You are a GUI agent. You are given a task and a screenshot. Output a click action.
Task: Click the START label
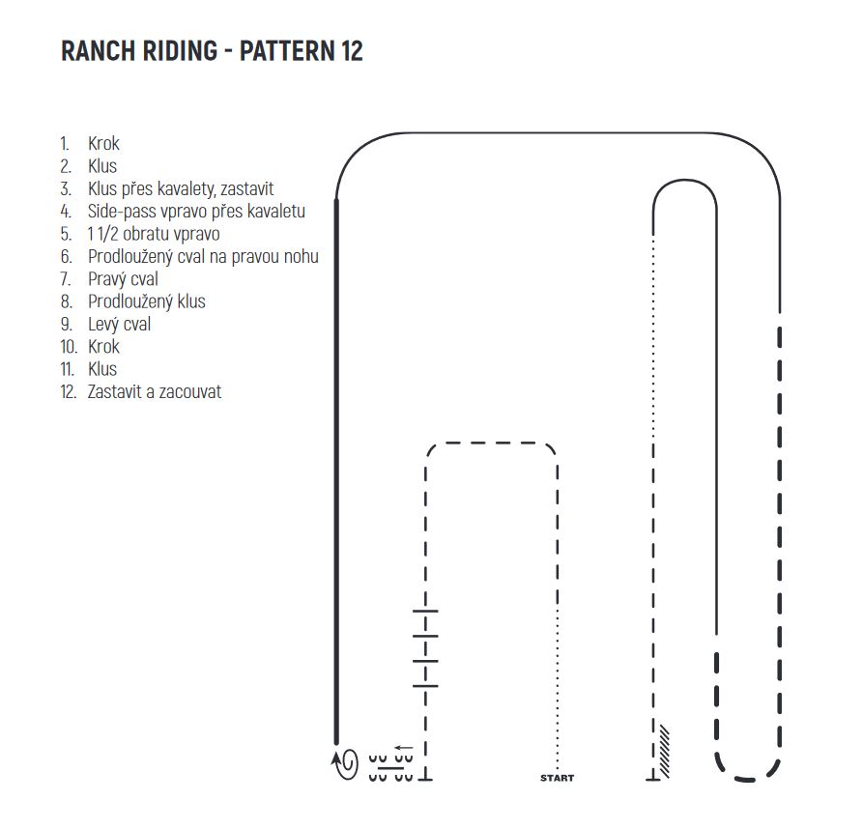(x=557, y=778)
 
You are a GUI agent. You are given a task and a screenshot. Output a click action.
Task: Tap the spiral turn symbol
(x=346, y=763)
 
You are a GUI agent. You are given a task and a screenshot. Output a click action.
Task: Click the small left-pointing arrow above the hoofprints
(x=404, y=748)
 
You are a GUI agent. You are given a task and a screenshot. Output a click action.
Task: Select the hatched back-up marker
(x=664, y=752)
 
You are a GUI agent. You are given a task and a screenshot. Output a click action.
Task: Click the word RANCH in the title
(x=98, y=51)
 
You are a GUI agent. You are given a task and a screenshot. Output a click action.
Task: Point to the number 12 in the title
(x=352, y=51)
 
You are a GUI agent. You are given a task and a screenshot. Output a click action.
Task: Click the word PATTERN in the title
(x=287, y=51)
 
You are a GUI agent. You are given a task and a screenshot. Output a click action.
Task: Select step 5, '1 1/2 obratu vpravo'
(x=154, y=234)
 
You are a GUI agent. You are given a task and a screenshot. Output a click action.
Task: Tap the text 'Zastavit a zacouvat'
(x=154, y=392)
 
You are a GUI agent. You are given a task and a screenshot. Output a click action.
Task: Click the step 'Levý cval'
(x=119, y=325)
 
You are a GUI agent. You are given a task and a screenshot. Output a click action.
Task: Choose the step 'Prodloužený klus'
(x=146, y=301)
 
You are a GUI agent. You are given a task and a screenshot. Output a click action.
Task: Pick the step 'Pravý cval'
(x=123, y=279)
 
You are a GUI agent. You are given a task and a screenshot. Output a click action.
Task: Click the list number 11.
(x=67, y=369)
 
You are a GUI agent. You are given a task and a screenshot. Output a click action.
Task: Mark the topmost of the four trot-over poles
(x=425, y=611)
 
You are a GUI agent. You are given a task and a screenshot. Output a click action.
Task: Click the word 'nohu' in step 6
(x=302, y=256)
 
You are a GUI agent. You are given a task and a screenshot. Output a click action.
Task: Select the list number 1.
(x=65, y=144)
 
